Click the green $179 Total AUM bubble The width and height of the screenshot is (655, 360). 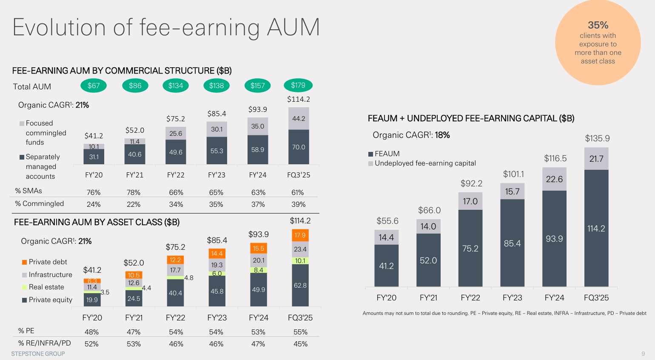pyautogui.click(x=298, y=86)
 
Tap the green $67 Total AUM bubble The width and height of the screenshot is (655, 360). pyautogui.click(x=94, y=86)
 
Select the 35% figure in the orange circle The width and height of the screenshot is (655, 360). pyautogui.click(x=598, y=25)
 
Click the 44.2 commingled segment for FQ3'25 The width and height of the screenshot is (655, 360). pyautogui.click(x=299, y=119)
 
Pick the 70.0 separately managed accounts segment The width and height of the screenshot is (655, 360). pyautogui.click(x=299, y=147)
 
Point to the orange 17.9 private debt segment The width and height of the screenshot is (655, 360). pyautogui.click(x=300, y=235)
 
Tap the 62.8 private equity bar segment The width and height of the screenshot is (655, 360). pyautogui.click(x=300, y=285)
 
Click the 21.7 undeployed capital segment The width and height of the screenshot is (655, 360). pyautogui.click(x=596, y=159)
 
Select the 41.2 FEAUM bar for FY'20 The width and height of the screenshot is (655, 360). pyautogui.click(x=386, y=266)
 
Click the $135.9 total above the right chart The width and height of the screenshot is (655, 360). pyautogui.click(x=597, y=138)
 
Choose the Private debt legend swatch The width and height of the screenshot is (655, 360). pyautogui.click(x=24, y=262)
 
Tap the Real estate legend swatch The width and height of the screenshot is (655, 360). pyautogui.click(x=24, y=287)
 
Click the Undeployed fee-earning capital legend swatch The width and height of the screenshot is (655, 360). pyautogui.click(x=370, y=163)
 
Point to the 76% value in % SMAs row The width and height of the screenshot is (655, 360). pyautogui.click(x=94, y=192)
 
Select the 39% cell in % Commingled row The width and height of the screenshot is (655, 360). pyautogui.click(x=299, y=204)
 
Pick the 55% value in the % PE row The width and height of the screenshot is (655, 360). pyautogui.click(x=300, y=332)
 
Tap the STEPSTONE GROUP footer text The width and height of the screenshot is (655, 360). pyautogui.click(x=38, y=354)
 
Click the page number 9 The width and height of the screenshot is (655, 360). pyautogui.click(x=643, y=354)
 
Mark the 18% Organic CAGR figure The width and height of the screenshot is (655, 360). pyautogui.click(x=442, y=135)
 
